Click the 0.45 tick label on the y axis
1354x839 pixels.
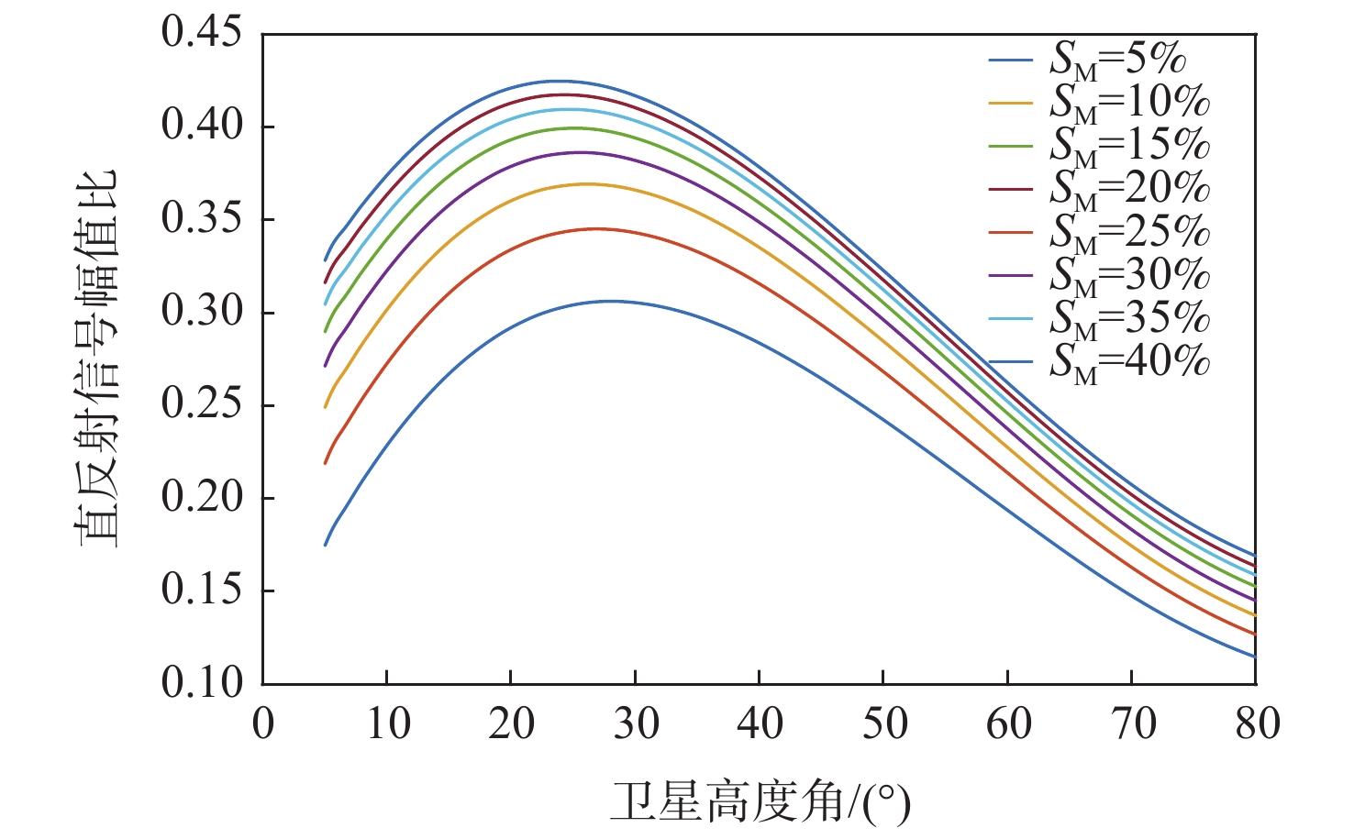click(202, 33)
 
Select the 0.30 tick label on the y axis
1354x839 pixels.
click(202, 312)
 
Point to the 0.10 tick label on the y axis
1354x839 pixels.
click(202, 683)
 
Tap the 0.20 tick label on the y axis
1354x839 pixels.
click(202, 498)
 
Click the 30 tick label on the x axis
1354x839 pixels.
click(636, 724)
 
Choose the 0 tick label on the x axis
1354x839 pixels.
click(263, 724)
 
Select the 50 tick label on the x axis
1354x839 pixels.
click(884, 724)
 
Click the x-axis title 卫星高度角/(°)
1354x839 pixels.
click(760, 801)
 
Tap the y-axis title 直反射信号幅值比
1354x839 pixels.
click(97, 359)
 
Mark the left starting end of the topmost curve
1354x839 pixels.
click(325, 260)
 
